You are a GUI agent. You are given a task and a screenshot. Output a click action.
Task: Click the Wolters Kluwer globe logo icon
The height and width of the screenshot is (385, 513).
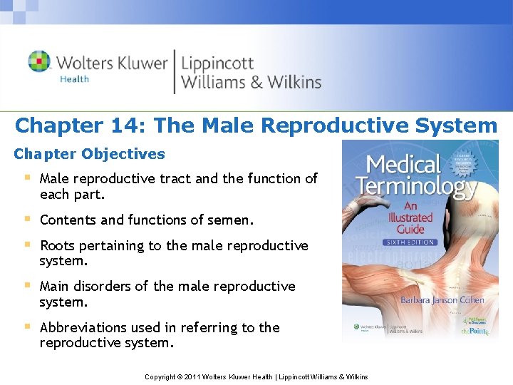coord(39,61)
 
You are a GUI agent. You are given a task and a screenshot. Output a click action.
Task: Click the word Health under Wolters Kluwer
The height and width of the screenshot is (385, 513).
coord(75,79)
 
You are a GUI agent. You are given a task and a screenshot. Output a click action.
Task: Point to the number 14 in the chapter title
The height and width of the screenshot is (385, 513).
coord(128,125)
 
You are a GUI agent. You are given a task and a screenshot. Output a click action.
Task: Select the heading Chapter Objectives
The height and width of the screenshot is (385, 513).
coord(89,154)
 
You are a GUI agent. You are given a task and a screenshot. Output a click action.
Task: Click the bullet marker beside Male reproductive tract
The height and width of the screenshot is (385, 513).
coord(26,178)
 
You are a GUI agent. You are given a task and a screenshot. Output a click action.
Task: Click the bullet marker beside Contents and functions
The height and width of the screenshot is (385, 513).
coord(26,219)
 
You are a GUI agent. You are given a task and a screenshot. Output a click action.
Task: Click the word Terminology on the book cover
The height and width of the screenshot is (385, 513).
coord(415,188)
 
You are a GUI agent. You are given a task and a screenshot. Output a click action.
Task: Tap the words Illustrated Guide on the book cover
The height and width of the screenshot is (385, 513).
coord(410,222)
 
